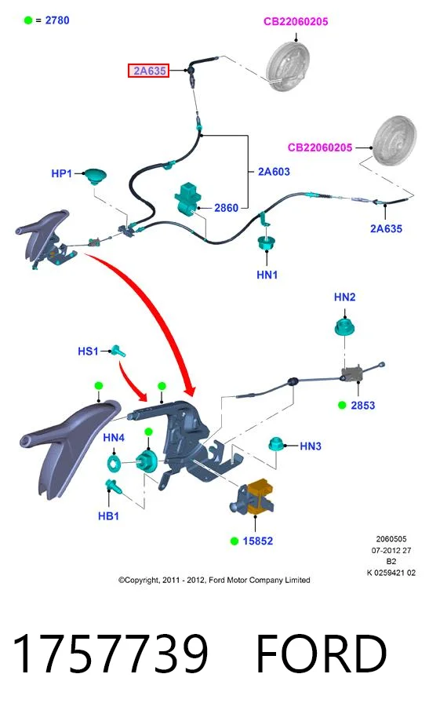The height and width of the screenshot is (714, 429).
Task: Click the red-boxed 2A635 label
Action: click(x=149, y=71)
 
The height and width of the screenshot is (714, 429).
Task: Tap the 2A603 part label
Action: click(x=274, y=171)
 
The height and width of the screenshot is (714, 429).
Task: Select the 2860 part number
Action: click(x=226, y=208)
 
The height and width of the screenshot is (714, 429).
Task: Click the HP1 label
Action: click(x=61, y=173)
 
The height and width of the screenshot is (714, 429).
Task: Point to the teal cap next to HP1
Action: click(x=96, y=176)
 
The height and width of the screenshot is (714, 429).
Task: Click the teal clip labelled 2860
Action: click(x=187, y=198)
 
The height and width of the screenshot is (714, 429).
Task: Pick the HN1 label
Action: click(x=267, y=275)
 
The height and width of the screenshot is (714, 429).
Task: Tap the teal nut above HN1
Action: click(x=265, y=242)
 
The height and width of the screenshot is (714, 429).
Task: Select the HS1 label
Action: click(x=88, y=351)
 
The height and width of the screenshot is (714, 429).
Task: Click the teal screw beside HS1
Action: click(x=118, y=351)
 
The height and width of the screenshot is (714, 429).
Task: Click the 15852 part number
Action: click(x=257, y=541)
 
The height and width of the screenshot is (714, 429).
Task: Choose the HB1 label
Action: click(x=108, y=516)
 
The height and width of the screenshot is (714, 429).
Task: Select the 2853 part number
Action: click(x=362, y=405)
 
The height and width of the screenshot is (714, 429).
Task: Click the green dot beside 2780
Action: click(x=28, y=20)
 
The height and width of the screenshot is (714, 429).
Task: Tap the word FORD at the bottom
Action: click(x=321, y=654)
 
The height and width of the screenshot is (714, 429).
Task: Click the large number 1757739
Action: click(x=110, y=654)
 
